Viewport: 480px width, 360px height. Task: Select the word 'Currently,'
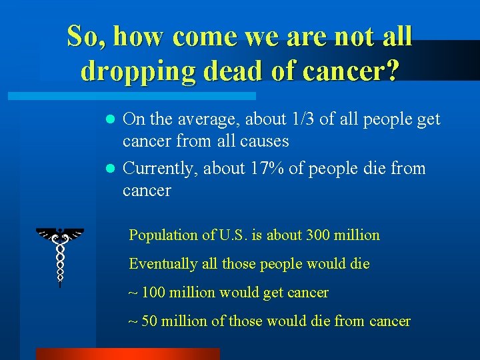(160, 169)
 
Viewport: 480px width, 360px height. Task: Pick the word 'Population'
(162, 235)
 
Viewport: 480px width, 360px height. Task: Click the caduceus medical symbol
(60, 253)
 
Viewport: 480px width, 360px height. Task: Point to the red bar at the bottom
(127, 353)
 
